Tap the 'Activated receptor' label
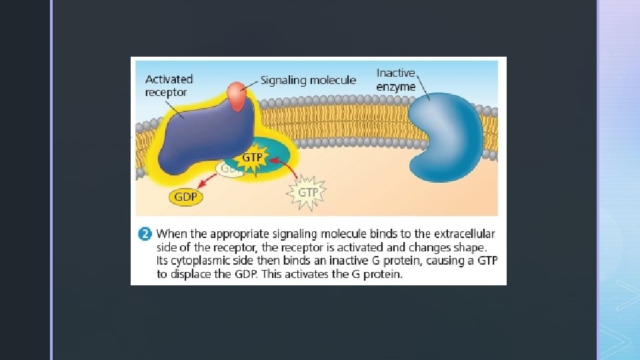coord(169,85)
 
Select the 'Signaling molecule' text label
coord(308,81)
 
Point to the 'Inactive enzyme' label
coord(396,79)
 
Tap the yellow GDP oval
coord(186,197)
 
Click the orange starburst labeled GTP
coord(251,158)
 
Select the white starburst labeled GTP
coord(307,191)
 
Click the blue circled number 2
coord(144,234)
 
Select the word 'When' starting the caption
coord(172,234)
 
